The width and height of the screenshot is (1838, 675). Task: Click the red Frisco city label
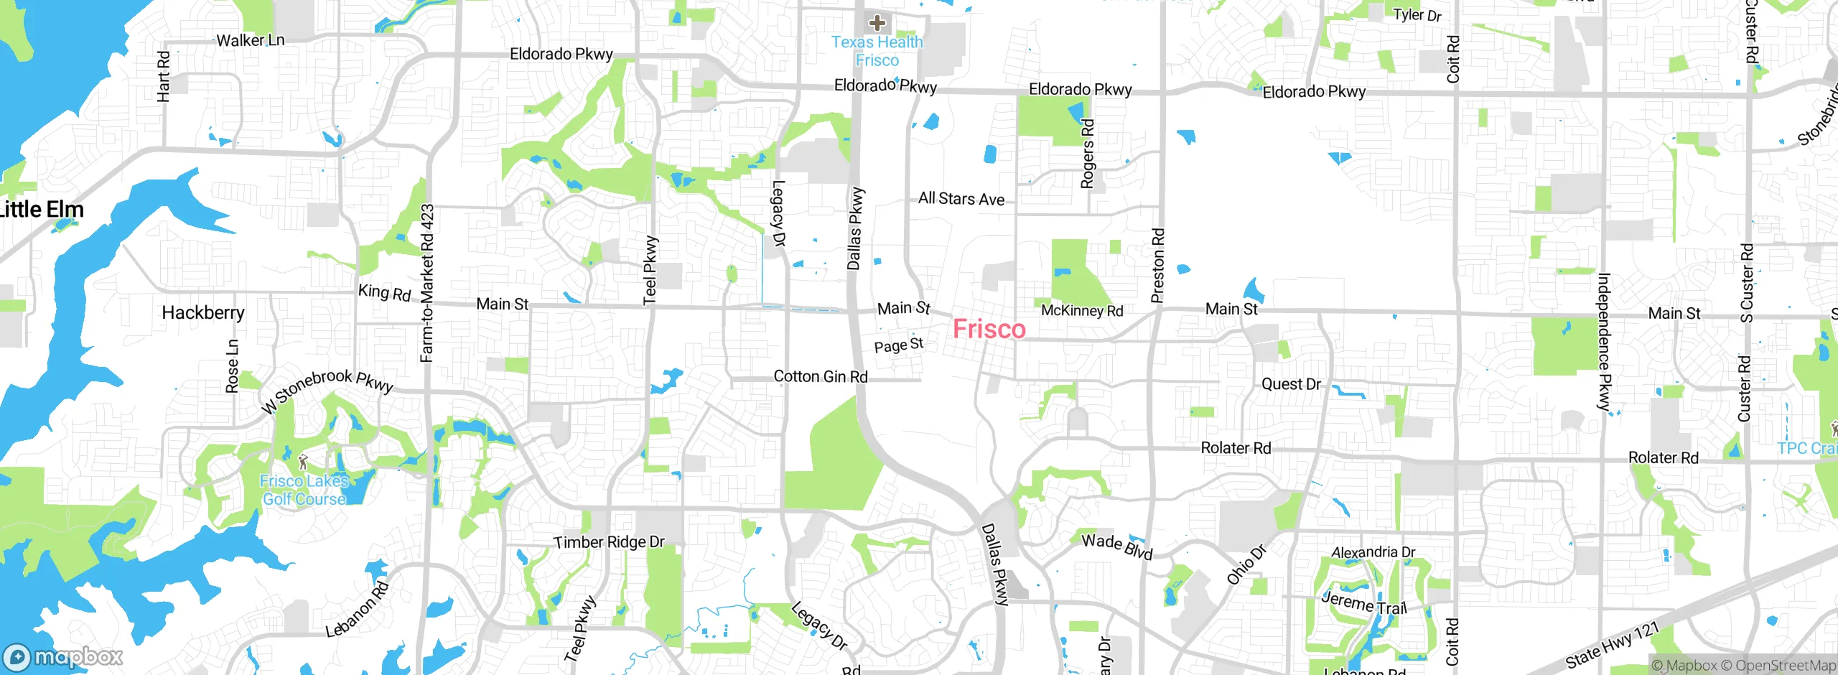point(989,330)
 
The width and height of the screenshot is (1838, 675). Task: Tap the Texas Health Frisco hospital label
point(877,51)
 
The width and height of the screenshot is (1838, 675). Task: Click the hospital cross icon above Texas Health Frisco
point(877,23)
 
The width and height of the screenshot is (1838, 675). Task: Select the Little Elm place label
point(41,210)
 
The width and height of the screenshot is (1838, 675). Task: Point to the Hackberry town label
point(203,312)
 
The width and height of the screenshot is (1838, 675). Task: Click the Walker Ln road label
point(251,40)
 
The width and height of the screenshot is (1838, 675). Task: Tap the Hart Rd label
point(163,76)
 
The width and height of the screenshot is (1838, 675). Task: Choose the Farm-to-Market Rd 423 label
point(427,283)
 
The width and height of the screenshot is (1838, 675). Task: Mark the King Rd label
point(384,292)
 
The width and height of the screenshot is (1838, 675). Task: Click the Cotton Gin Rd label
point(820,376)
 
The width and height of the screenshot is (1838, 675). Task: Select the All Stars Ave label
point(961,198)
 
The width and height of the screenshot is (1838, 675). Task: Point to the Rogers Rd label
point(1088,154)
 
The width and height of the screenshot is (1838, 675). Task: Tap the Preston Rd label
point(1157,266)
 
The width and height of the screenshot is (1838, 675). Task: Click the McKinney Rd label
point(1082,310)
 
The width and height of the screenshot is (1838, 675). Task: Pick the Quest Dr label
point(1291,384)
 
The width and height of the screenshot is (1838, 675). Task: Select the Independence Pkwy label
point(1605,342)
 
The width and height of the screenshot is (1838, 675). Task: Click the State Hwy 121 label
point(1613,644)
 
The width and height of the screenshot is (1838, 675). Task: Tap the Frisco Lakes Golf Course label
point(304,490)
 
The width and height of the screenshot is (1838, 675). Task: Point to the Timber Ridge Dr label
point(609,542)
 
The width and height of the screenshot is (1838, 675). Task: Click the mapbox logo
point(63,657)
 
